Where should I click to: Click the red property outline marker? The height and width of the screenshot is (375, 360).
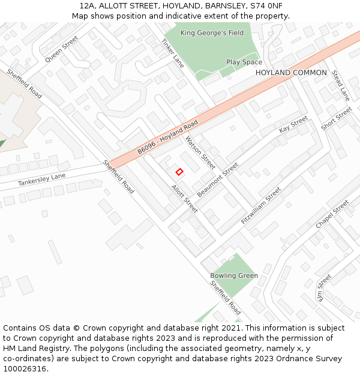pyautogui.click(x=179, y=172)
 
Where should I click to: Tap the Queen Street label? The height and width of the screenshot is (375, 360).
pyautogui.click(x=62, y=49)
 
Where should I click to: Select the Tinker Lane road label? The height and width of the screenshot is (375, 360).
pyautogui.click(x=172, y=53)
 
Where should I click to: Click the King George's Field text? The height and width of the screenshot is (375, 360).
pyautogui.click(x=212, y=33)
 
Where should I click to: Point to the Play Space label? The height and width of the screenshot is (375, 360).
pyautogui.click(x=244, y=62)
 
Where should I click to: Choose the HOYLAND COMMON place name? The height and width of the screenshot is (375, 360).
pyautogui.click(x=291, y=73)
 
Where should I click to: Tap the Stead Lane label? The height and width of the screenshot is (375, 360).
pyautogui.click(x=340, y=85)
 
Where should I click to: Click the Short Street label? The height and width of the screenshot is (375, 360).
pyautogui.click(x=336, y=119)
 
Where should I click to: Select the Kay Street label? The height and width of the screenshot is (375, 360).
pyautogui.click(x=293, y=125)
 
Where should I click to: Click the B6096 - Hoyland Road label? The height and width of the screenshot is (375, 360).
pyautogui.click(x=167, y=137)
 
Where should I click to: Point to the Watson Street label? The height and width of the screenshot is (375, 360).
pyautogui.click(x=200, y=152)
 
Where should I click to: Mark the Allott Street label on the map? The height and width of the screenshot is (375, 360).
pyautogui.click(x=184, y=199)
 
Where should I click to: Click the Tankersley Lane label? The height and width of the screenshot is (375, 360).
pyautogui.click(x=41, y=178)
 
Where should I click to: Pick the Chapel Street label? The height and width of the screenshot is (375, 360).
pyautogui.click(x=332, y=214)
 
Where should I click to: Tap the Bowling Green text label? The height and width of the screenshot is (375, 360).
pyautogui.click(x=234, y=276)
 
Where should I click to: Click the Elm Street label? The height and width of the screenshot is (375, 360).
pyautogui.click(x=324, y=287)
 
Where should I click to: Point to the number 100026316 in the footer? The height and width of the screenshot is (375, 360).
pyautogui.click(x=26, y=368)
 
